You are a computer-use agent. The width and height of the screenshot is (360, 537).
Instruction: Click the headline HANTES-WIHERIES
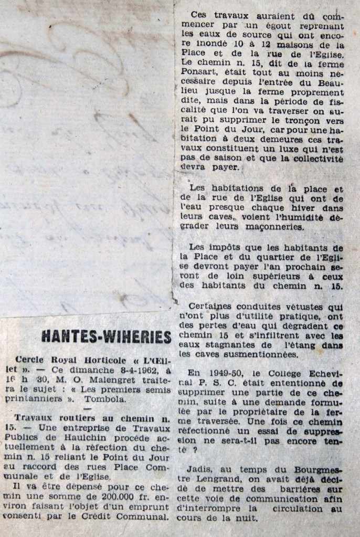pyautogui.click(x=106, y=337)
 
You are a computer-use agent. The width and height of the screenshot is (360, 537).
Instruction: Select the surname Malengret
pyautogui.click(x=100, y=381)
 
